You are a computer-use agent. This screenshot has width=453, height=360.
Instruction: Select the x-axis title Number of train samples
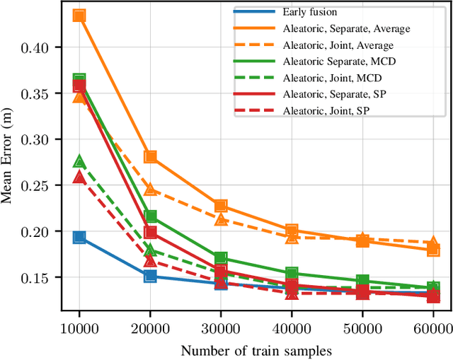coord(256,349)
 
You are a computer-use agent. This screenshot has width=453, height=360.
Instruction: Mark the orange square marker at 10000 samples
coord(79,16)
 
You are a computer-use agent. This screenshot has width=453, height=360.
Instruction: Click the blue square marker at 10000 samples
coord(79,238)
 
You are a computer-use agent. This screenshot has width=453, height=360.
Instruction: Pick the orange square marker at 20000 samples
coord(150,157)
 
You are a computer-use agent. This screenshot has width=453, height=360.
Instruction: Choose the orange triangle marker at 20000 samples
coord(150,189)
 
